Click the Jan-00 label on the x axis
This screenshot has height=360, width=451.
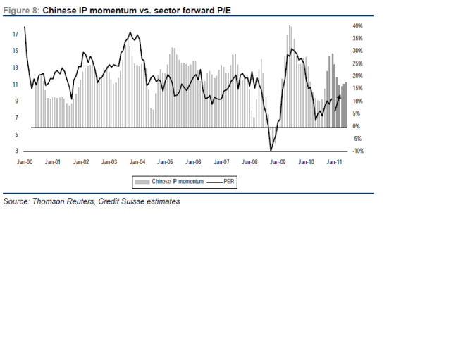click(x=25, y=161)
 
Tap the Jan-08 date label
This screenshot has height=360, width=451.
click(x=249, y=161)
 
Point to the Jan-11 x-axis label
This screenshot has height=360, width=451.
click(x=334, y=161)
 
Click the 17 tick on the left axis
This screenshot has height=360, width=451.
click(x=15, y=34)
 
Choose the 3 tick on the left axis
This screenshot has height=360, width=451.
click(x=16, y=151)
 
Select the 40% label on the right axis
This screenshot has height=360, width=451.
click(x=357, y=25)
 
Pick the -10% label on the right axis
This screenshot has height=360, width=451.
click(x=357, y=151)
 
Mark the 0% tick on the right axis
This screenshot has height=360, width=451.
click(x=357, y=126)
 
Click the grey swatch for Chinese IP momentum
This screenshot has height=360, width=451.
click(x=142, y=181)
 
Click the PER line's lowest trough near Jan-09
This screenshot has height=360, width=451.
click(x=271, y=150)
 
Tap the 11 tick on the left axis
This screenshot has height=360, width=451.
click(x=15, y=84)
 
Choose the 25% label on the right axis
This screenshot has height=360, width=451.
click(x=357, y=63)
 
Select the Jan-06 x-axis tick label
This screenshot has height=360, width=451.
click(x=193, y=161)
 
